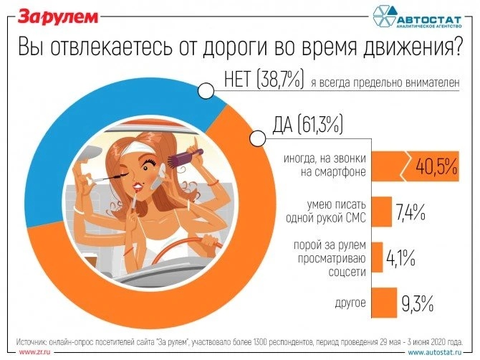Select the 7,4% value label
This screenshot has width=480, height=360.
tap(411, 212)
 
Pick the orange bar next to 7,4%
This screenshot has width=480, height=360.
tap(382, 212)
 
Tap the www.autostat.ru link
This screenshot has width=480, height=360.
tap(438, 352)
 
